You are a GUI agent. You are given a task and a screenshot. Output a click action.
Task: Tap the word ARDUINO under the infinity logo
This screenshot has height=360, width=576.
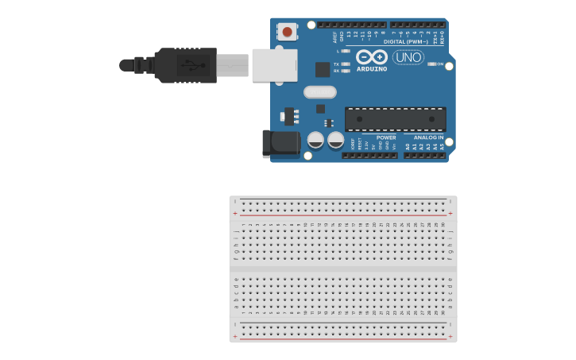point(372,69)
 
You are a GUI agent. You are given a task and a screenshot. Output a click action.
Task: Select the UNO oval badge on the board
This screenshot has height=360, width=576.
point(408,57)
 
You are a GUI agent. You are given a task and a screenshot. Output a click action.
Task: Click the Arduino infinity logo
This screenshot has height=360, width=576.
point(372,56)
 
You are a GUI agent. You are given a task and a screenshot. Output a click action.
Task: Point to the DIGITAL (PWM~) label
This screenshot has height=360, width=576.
point(405,41)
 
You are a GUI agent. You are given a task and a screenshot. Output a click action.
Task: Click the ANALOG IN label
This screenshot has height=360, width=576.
point(428,137)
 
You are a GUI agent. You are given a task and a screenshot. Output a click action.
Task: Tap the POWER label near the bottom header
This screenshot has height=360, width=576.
point(386,137)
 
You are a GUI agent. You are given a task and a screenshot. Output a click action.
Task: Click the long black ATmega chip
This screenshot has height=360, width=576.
point(395,119)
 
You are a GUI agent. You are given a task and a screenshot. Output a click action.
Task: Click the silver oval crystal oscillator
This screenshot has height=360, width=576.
point(319,91)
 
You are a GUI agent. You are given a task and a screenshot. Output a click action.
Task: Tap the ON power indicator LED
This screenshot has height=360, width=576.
point(432,64)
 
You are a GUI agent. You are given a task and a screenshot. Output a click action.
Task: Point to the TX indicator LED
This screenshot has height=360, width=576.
point(345,64)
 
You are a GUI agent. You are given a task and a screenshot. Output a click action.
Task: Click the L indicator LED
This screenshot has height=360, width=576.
point(345,51)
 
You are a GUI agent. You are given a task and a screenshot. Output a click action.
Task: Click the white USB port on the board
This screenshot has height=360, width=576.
point(274,65)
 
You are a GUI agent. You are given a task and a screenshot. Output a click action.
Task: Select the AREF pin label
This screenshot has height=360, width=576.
point(334,36)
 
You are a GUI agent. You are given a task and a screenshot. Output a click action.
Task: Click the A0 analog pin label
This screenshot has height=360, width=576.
point(408,147)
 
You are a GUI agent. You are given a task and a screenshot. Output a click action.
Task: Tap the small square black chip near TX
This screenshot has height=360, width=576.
point(323,69)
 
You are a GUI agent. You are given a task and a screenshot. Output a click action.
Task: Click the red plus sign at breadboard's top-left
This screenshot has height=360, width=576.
point(234,213)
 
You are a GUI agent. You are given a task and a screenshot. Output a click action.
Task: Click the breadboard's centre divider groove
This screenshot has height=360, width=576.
point(343,268)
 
